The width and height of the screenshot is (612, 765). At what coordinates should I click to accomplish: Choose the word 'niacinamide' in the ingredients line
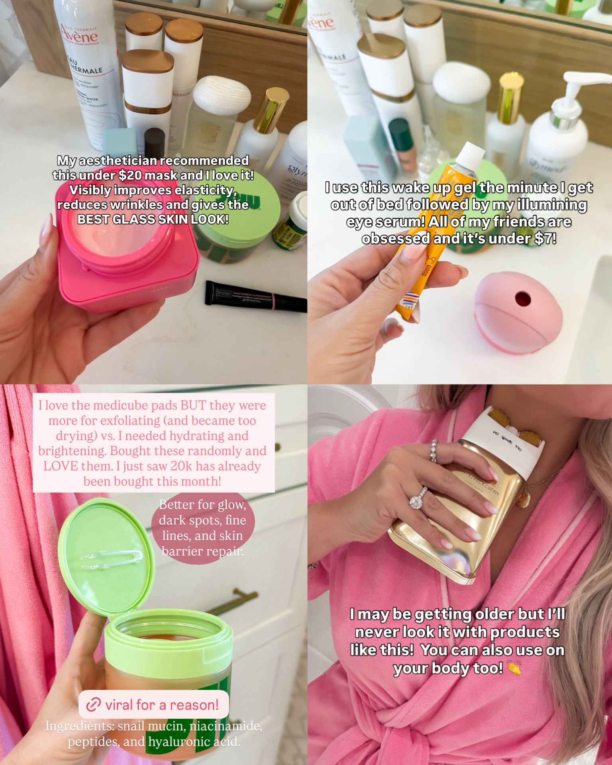(x=226, y=726)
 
